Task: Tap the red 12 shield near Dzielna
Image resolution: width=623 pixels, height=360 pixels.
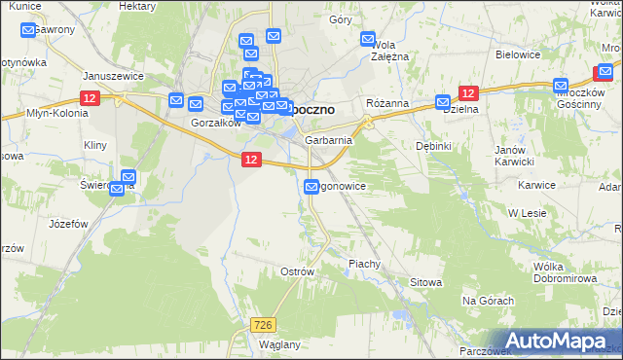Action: click(x=468, y=92)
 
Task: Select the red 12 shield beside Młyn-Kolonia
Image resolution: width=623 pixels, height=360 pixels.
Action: click(x=90, y=98)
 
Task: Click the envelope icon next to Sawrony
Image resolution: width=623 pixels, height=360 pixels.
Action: click(x=28, y=30)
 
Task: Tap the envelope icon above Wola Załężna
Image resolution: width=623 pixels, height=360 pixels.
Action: click(x=369, y=40)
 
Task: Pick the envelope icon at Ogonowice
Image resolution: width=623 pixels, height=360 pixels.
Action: click(x=311, y=187)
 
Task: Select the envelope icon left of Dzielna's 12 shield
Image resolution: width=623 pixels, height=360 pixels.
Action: click(x=443, y=101)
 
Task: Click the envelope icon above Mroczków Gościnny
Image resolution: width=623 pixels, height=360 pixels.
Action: click(x=560, y=86)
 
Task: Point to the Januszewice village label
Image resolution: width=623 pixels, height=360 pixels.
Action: click(x=113, y=75)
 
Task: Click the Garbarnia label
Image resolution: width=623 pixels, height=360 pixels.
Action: click(x=328, y=140)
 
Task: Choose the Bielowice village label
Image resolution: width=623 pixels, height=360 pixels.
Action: click(x=517, y=54)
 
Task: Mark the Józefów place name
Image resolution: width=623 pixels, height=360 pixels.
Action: click(x=68, y=223)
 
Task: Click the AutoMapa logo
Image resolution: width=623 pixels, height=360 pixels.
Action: click(x=558, y=341)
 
